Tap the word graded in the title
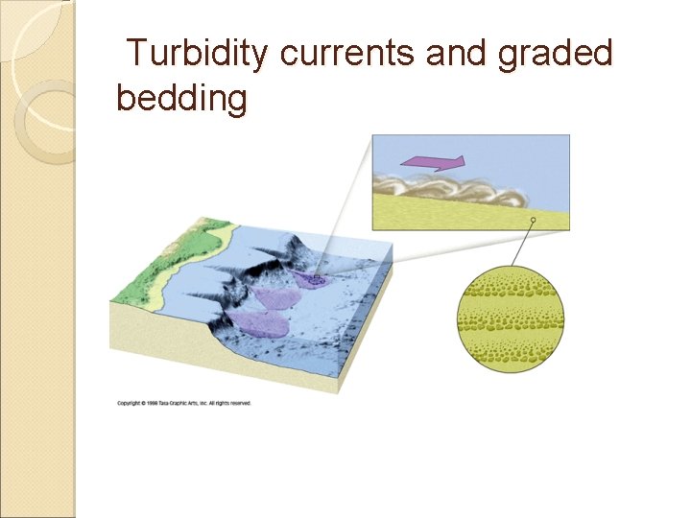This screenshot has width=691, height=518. point(555,54)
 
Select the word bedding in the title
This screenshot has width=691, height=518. point(181,98)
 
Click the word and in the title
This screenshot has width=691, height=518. point(455,54)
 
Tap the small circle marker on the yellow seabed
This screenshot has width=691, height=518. point(534,221)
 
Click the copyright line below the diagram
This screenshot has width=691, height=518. point(184,403)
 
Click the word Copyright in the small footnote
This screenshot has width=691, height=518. point(131,403)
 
